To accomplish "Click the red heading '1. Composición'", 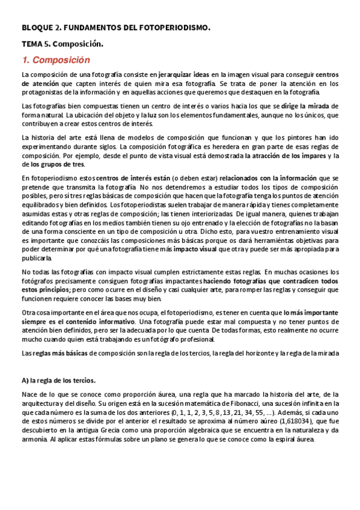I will [x=55, y=60].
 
